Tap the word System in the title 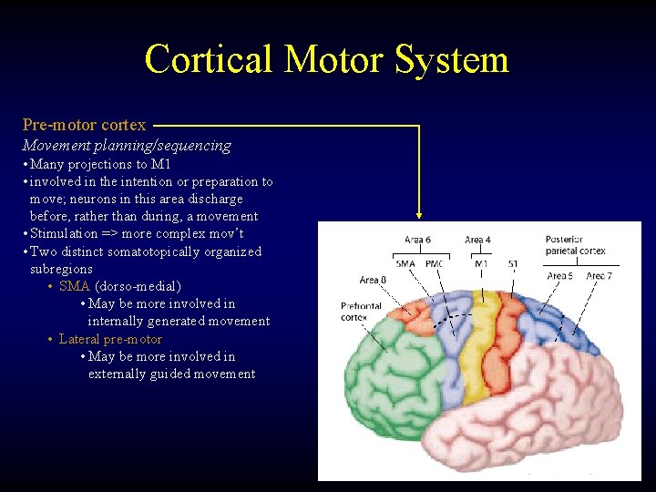click(x=452, y=59)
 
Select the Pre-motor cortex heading click(x=85, y=125)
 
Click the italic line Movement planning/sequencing click(x=127, y=145)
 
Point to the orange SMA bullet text click(x=75, y=286)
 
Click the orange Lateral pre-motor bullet click(x=110, y=339)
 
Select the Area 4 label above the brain click(x=478, y=241)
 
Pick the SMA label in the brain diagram click(x=405, y=263)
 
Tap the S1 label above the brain click(x=513, y=263)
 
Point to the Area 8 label click(x=372, y=280)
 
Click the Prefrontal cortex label click(x=361, y=312)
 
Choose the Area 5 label click(x=559, y=275)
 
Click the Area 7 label click(x=599, y=275)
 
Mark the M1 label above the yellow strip click(x=480, y=263)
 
